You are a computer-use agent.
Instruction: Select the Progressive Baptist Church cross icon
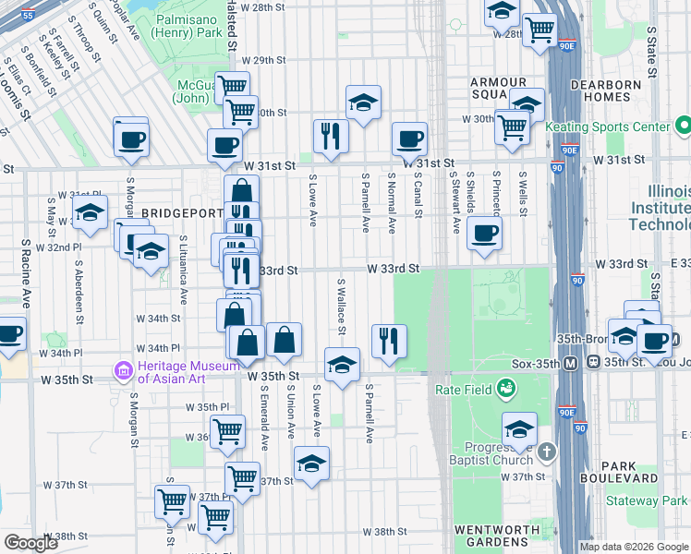click(548, 452)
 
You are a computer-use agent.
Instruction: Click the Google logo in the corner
click(30, 543)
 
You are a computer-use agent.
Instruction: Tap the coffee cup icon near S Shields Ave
click(483, 234)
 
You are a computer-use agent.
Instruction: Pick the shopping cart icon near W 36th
click(227, 431)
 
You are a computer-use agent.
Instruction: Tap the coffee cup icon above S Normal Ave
click(409, 139)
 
